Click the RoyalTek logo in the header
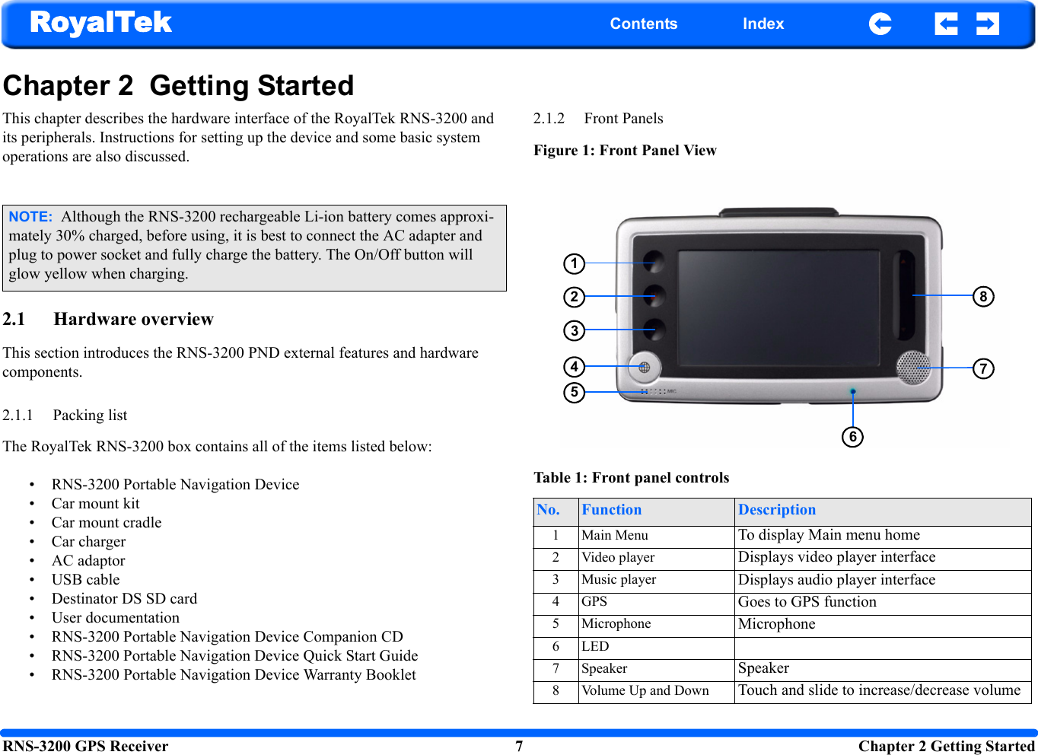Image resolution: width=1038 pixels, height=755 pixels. click(101, 23)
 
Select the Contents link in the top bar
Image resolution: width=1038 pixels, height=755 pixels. click(643, 24)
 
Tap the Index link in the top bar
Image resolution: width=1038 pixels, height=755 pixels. click(763, 24)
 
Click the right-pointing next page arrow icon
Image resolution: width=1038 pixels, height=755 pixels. click(987, 24)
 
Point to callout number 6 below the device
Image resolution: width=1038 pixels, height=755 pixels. click(852, 437)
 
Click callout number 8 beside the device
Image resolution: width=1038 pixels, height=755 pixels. click(983, 296)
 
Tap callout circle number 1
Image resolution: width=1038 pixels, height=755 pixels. click(574, 264)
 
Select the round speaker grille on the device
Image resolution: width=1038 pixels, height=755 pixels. click(912, 367)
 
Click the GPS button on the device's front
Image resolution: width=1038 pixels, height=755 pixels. click(644, 368)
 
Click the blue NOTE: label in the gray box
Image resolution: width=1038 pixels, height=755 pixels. click(30, 217)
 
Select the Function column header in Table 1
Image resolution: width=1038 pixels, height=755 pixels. click(611, 510)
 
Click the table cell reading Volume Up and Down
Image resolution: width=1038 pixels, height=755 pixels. click(645, 691)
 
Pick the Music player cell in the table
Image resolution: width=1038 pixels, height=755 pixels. click(619, 580)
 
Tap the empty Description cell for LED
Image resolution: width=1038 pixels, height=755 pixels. click(881, 647)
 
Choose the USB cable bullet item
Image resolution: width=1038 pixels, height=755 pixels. click(85, 580)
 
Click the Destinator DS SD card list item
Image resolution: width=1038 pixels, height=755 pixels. click(124, 599)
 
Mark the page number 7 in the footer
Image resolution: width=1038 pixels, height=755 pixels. click(519, 746)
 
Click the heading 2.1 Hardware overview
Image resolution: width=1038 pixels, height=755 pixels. click(108, 320)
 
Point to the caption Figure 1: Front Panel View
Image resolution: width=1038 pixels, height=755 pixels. click(625, 151)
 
